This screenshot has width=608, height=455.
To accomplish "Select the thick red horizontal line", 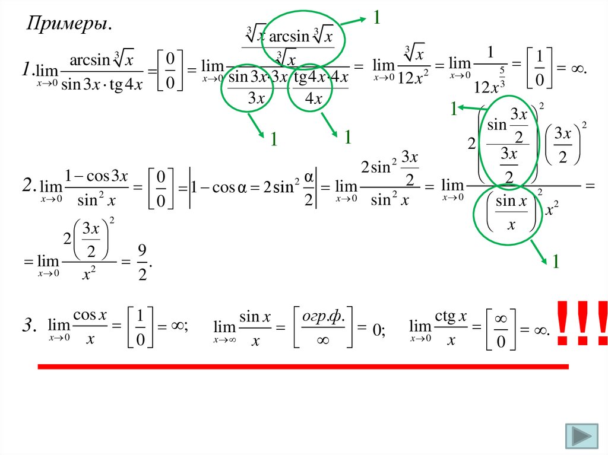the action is click(303, 367).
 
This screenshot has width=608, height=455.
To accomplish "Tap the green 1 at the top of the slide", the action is click(376, 18).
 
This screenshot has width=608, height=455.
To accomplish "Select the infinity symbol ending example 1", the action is click(576, 69).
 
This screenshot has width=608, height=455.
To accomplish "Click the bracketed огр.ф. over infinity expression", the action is click(323, 327).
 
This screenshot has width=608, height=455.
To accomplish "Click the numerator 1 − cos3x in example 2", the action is click(96, 176).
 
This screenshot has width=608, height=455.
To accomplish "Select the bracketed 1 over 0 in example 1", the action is click(539, 69).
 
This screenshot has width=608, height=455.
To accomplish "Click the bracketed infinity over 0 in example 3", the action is click(501, 327).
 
